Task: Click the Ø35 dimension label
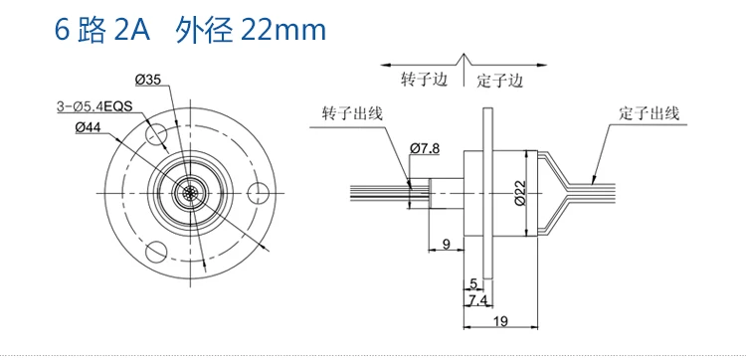(x=148, y=80)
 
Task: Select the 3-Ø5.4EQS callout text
(x=94, y=106)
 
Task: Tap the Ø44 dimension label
(x=91, y=127)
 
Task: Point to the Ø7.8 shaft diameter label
(x=425, y=148)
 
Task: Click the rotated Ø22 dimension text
(x=519, y=192)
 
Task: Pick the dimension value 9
(x=446, y=244)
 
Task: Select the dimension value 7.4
(x=478, y=300)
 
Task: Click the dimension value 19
(x=500, y=321)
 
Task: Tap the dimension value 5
(x=472, y=283)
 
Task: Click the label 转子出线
(x=352, y=113)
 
